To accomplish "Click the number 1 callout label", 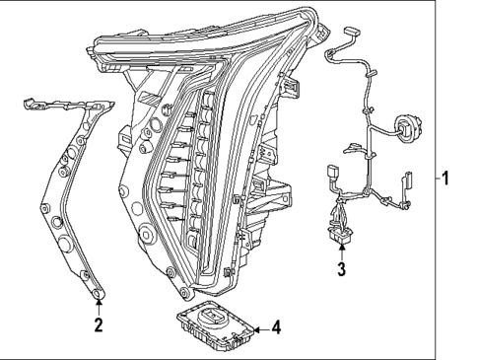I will pos(445,180).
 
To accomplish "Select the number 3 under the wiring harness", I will pos(341,269).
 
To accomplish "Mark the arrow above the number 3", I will pos(341,252).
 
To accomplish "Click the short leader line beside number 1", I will pos(434,180).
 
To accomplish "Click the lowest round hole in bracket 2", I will pos(98,292).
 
